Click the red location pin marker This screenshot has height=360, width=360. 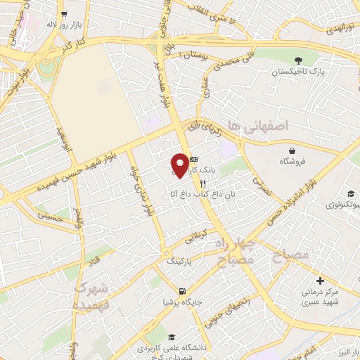(x=180, y=165)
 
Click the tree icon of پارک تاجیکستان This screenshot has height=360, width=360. (x=299, y=60)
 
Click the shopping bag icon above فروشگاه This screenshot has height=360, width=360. (x=291, y=150)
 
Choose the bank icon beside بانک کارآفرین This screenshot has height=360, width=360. (x=194, y=159)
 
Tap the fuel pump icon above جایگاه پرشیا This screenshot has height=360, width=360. (x=182, y=291)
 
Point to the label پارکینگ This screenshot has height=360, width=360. (x=179, y=260)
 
